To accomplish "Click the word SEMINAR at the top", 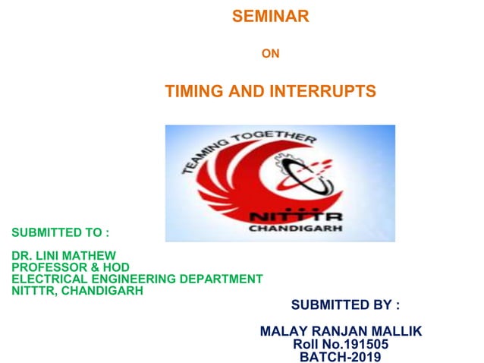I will click(x=270, y=17).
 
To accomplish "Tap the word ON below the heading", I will click(x=270, y=54).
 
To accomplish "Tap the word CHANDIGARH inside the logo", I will click(x=296, y=228).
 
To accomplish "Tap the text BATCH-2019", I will click(x=341, y=356).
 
